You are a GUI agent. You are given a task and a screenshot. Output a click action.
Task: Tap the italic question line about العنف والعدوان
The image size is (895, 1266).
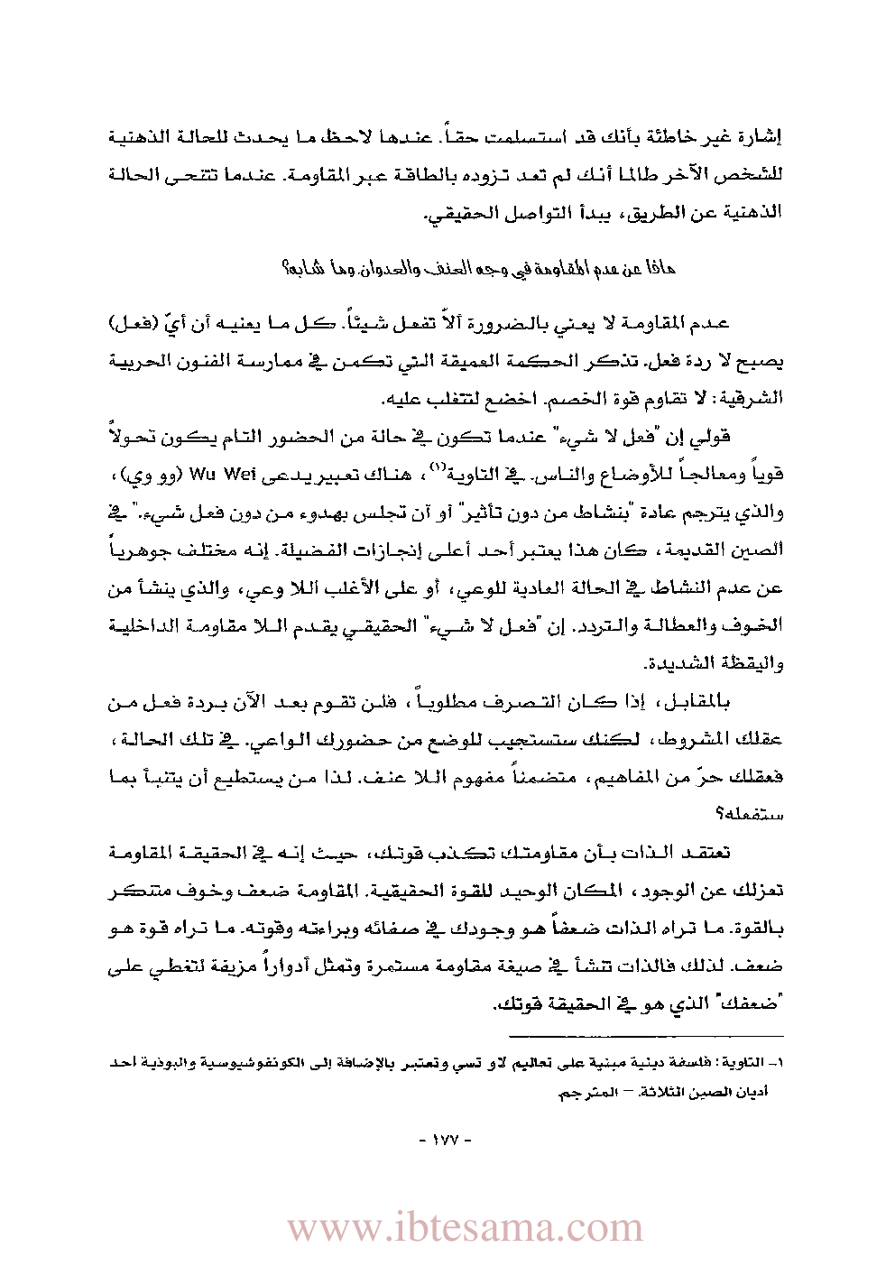(x=478, y=268)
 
